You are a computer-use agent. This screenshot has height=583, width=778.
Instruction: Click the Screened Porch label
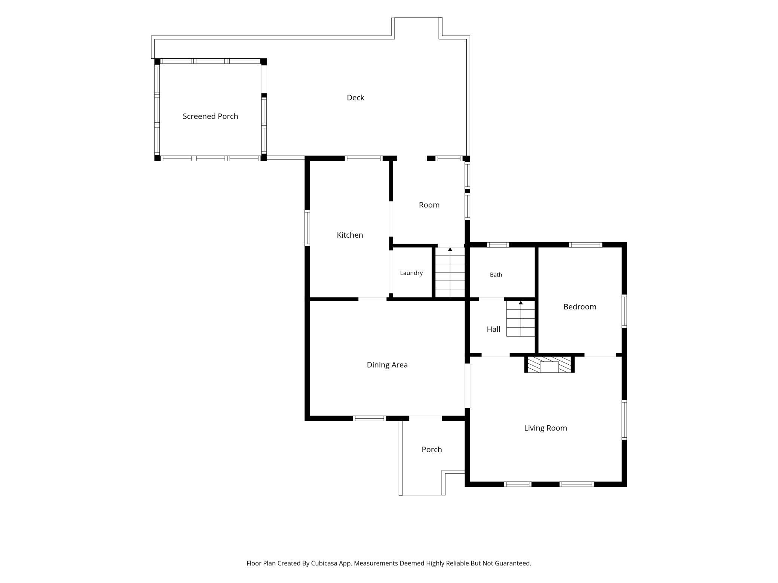[x=210, y=116]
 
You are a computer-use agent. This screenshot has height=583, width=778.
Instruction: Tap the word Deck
[x=355, y=98]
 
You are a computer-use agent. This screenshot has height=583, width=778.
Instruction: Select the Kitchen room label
[x=350, y=235]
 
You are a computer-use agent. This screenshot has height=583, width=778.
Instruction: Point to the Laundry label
[x=411, y=273]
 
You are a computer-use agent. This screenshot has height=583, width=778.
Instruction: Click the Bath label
[x=496, y=275]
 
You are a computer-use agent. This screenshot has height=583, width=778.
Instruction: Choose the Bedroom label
[x=580, y=307]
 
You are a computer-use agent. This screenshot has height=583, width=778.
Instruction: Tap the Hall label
[x=493, y=329]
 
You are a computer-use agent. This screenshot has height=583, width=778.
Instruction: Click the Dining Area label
[x=387, y=365]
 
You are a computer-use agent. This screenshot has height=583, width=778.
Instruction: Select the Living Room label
[x=545, y=428]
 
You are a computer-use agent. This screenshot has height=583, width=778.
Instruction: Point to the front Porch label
[x=432, y=450]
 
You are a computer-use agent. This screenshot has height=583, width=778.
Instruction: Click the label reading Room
[x=429, y=205]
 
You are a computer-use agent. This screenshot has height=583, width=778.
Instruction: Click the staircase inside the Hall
[x=521, y=319]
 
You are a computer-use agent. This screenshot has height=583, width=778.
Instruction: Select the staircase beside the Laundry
[x=450, y=272]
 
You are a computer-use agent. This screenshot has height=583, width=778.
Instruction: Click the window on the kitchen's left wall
[x=307, y=228]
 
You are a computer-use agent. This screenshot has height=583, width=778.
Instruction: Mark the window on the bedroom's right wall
[x=624, y=311]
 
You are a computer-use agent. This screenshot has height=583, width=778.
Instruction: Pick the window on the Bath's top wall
[x=498, y=245]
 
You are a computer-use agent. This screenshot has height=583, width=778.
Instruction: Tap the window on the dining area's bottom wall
[x=370, y=418]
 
